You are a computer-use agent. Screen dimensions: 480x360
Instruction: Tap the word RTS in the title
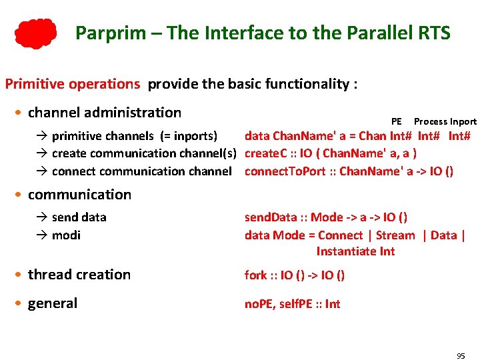pyautogui.click(x=433, y=33)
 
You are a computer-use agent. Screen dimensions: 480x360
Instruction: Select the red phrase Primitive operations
pyautogui.click(x=72, y=84)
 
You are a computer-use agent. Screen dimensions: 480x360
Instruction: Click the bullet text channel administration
pyautogui.click(x=105, y=112)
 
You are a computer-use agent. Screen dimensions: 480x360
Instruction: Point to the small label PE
pyautogui.click(x=397, y=121)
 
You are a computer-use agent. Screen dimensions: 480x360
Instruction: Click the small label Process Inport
pyautogui.click(x=445, y=121)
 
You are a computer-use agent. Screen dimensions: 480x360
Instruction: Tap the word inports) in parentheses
pyautogui.click(x=195, y=136)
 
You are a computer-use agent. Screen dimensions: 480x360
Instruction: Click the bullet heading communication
pyautogui.click(x=79, y=194)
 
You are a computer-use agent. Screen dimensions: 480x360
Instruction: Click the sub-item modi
pyautogui.click(x=67, y=235)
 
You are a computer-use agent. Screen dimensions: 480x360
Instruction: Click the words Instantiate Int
pyautogui.click(x=355, y=251)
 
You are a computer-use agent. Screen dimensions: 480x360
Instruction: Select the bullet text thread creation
pyautogui.click(x=79, y=274)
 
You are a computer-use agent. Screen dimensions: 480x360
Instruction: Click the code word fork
pyautogui.click(x=256, y=275)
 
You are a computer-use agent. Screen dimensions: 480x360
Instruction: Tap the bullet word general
pyautogui.click(x=53, y=303)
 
